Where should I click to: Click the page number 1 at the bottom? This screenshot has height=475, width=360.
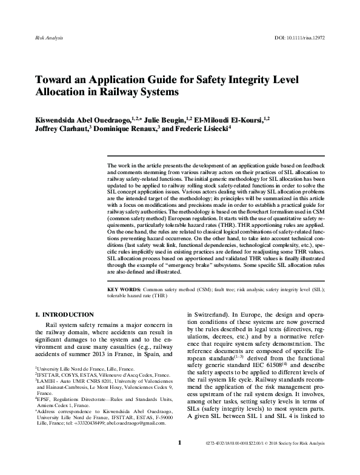(x=179, y=460)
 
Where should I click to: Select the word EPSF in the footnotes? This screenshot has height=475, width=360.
(x=42, y=417)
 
